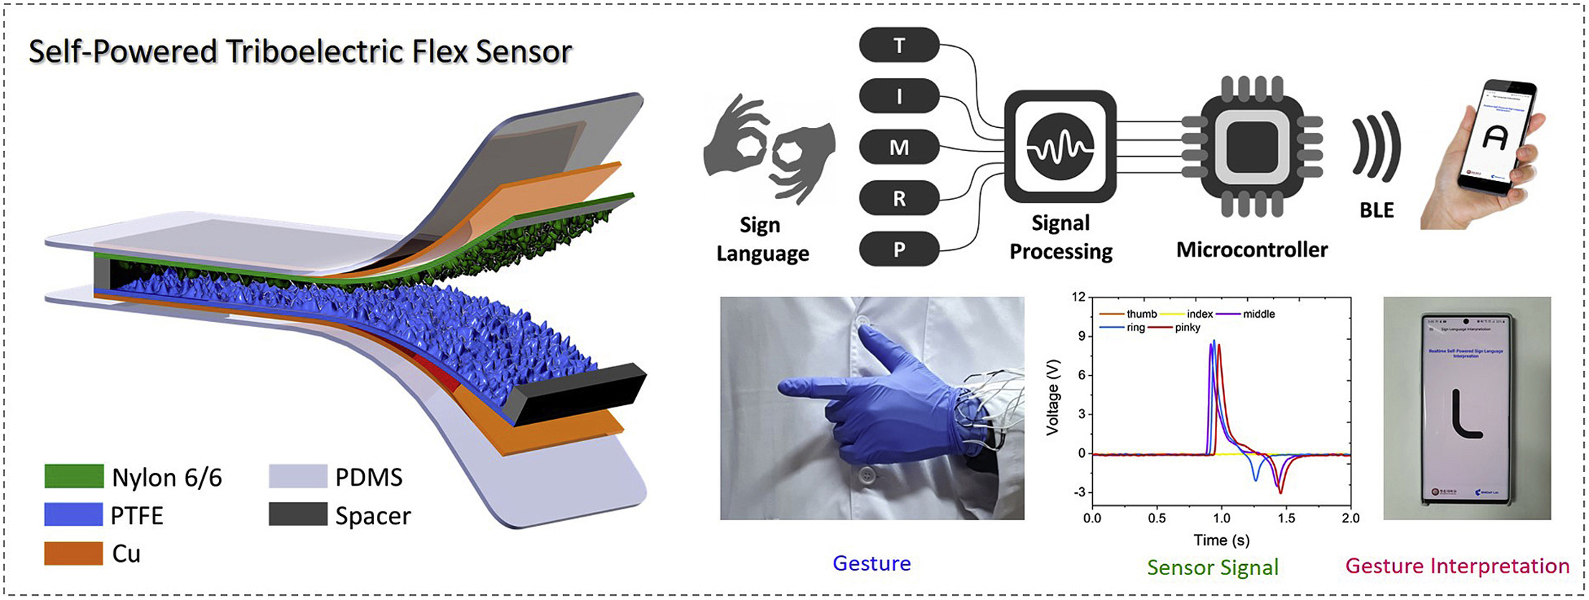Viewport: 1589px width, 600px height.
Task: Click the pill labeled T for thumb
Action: [x=899, y=45]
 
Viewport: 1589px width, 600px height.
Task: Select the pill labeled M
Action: [x=899, y=147]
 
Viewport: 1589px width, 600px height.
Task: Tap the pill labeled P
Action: [x=899, y=249]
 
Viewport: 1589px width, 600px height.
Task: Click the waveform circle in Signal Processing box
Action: [x=1060, y=147]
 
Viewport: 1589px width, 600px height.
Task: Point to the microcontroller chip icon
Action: [x=1252, y=147]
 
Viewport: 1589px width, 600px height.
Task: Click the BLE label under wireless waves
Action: [x=1376, y=211]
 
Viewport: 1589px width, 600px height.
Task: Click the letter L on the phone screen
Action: [x=1465, y=413]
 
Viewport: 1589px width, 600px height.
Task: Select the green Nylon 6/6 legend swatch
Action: [x=74, y=476]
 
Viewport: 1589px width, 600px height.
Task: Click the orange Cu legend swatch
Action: [x=74, y=553]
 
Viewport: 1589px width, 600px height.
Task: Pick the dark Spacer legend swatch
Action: [x=298, y=514]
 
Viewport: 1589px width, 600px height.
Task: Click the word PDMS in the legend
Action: [x=369, y=477]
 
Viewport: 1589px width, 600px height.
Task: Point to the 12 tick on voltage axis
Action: [x=1078, y=297]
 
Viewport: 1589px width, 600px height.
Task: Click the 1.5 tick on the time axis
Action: [x=1286, y=518]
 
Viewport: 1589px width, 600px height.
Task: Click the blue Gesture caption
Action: [x=872, y=563]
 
